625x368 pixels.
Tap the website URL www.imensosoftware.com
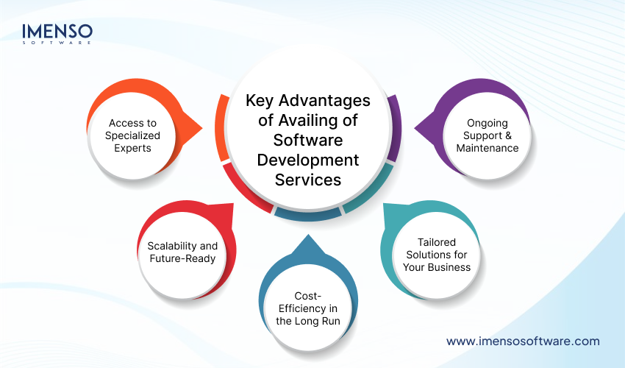click(x=523, y=341)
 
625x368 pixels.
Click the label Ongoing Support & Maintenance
click(x=487, y=135)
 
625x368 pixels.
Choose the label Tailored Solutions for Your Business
click(x=437, y=254)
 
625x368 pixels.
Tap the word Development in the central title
click(x=308, y=159)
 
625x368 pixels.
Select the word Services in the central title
click(x=308, y=179)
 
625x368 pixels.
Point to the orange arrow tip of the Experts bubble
click(x=200, y=132)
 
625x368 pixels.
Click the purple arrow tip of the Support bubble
click(x=417, y=132)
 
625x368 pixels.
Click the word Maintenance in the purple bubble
click(x=487, y=148)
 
